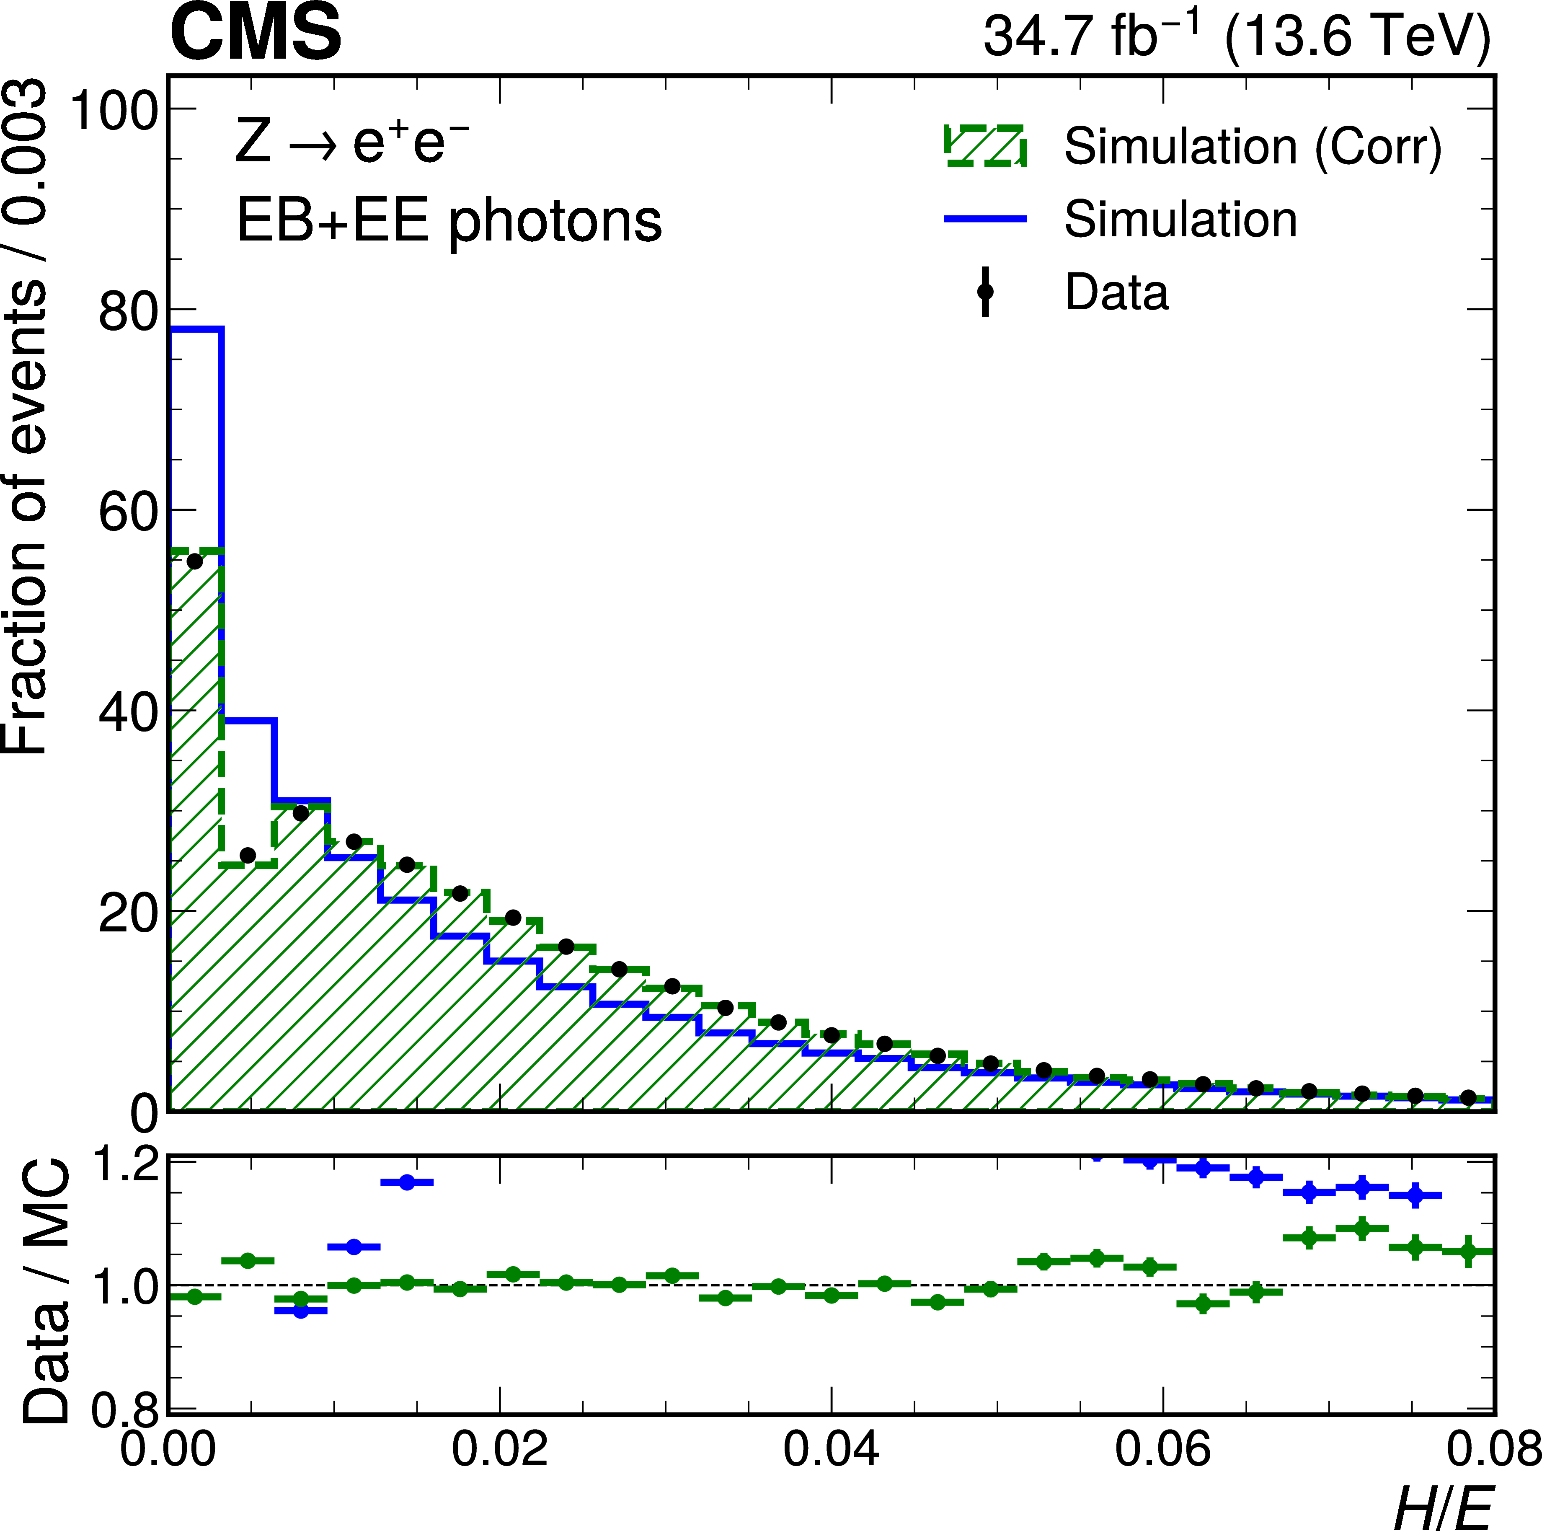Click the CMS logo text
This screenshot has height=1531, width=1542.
pyautogui.click(x=256, y=34)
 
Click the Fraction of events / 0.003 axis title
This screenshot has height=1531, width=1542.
pyautogui.click(x=26, y=415)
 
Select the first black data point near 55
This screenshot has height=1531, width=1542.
pyautogui.click(x=194, y=562)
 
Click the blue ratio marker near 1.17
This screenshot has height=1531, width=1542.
pyautogui.click(x=407, y=1182)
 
